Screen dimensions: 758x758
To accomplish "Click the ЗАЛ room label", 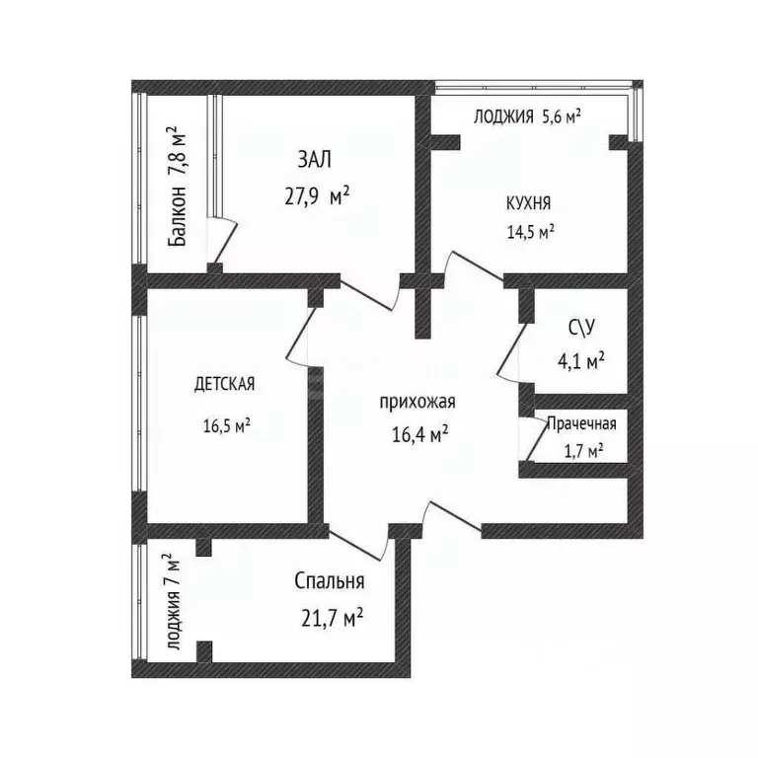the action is tap(314, 160).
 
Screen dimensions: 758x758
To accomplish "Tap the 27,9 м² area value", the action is tap(317, 196).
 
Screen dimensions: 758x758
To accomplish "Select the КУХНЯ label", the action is tap(528, 203).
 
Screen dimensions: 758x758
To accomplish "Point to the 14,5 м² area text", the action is tap(530, 232).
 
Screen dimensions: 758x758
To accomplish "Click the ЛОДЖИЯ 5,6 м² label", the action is tap(527, 116).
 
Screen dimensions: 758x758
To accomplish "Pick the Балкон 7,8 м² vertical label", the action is tap(177, 187).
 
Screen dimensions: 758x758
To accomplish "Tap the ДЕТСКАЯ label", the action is tap(224, 384).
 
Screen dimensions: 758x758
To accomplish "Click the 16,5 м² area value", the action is tap(227, 426).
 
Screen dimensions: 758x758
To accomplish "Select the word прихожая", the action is tap(417, 402).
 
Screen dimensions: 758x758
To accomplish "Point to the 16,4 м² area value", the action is tap(420, 434).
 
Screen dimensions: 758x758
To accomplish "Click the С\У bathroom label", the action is tap(581, 329).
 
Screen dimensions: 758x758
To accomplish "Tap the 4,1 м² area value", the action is tap(581, 360).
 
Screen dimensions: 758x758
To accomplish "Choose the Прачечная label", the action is tap(581, 424).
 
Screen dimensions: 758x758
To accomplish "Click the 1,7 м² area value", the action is tap(583, 451).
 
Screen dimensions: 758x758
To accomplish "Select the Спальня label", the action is tap(330, 581).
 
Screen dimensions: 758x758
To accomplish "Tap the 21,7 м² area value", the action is tap(332, 618).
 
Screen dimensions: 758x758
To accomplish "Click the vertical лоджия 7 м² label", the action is tap(173, 601).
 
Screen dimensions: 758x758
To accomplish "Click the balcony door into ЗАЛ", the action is tap(225, 244).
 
